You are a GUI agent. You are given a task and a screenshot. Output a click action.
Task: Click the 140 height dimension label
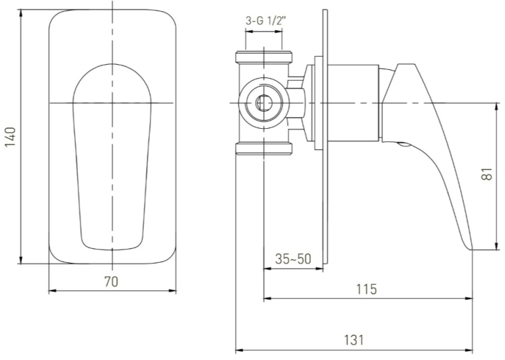11,137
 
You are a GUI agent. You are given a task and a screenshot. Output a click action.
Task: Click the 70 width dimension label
112,281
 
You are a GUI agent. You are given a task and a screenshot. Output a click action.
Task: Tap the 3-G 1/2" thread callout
266,21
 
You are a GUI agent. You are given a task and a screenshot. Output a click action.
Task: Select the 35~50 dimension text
293,259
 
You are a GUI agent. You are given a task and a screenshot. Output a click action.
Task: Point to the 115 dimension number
366,289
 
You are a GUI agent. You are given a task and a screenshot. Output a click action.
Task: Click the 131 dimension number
354,340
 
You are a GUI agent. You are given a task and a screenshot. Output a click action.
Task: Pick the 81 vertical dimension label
488,174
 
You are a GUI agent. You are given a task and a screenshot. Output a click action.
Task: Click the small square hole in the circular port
264,103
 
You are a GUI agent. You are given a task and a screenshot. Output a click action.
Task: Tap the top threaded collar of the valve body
264,57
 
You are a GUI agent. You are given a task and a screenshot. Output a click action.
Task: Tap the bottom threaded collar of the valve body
264,149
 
